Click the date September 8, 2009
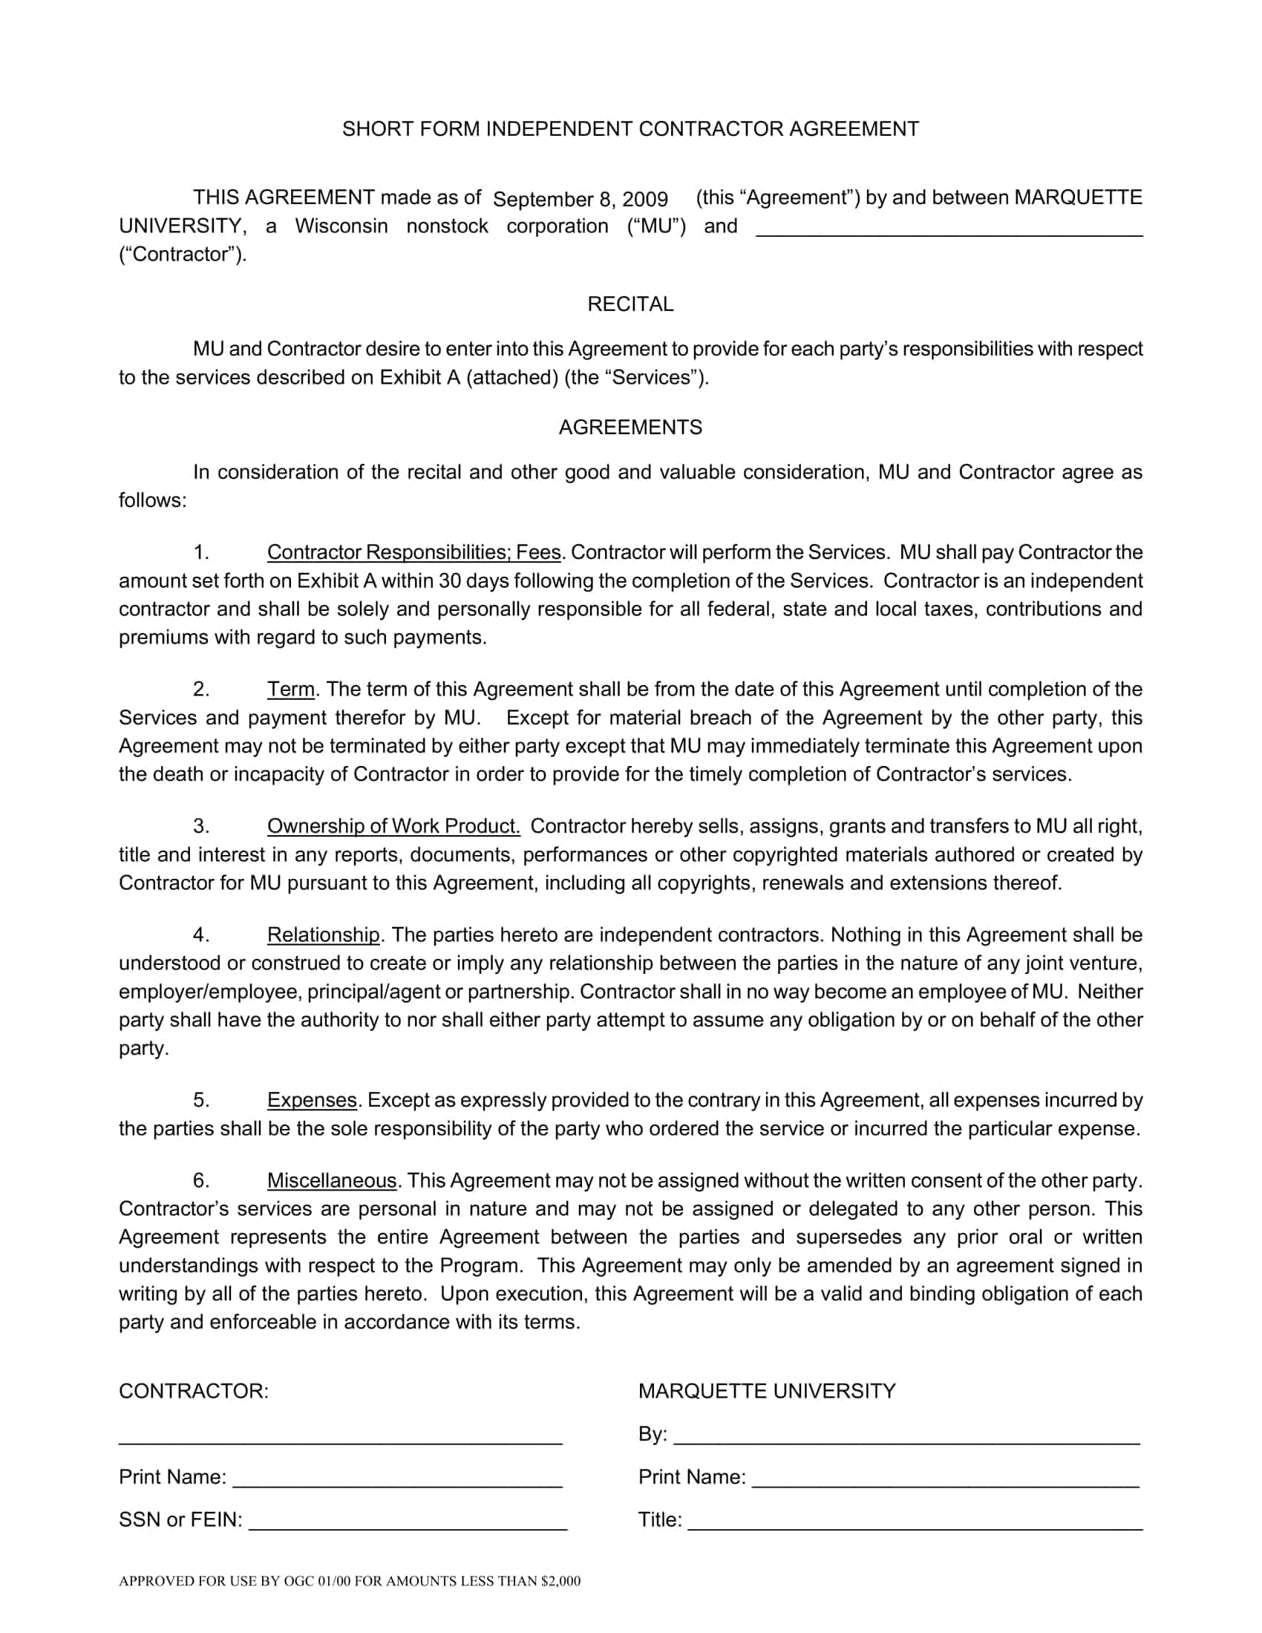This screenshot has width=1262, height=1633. pyautogui.click(x=581, y=199)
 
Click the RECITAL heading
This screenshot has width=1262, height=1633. pyautogui.click(x=630, y=304)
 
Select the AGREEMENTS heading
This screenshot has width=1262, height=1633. pyautogui.click(x=630, y=427)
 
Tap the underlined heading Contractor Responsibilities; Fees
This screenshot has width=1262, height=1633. pyautogui.click(x=413, y=552)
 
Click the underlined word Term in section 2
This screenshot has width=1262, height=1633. pyautogui.click(x=291, y=689)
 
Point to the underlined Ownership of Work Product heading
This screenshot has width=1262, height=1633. pyautogui.click(x=393, y=825)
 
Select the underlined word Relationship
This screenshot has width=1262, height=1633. pyautogui.click(x=324, y=935)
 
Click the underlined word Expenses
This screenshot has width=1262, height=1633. pyautogui.click(x=312, y=1100)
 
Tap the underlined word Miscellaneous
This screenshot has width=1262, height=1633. pyautogui.click(x=332, y=1181)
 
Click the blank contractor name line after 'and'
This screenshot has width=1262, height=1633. pyautogui.click(x=949, y=229)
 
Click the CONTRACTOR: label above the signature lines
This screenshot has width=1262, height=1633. pyautogui.click(x=194, y=1392)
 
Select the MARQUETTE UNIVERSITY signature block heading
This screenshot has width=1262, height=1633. pyautogui.click(x=766, y=1392)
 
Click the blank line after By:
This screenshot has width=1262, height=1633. pyautogui.click(x=906, y=1436)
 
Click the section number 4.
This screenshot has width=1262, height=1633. pyautogui.click(x=200, y=935)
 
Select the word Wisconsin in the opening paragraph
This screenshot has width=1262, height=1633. pyautogui.click(x=341, y=226)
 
